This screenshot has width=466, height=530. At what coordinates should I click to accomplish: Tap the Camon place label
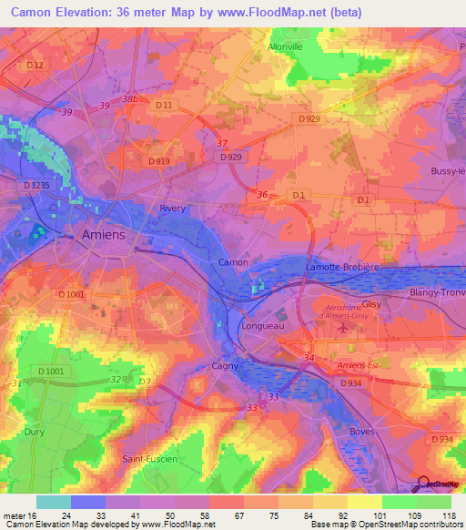tap(233, 262)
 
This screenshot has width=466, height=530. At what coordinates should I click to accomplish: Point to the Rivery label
tap(173, 209)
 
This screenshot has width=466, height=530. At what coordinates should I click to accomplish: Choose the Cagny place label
tap(225, 365)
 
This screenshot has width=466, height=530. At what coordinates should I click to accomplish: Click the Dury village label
tap(33, 433)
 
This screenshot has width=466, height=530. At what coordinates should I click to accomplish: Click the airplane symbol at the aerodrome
tap(342, 327)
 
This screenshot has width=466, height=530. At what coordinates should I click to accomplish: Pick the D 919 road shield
tap(157, 161)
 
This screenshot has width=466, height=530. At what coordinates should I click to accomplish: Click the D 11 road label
tap(164, 106)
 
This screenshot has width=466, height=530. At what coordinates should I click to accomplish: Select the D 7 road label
tap(144, 380)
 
